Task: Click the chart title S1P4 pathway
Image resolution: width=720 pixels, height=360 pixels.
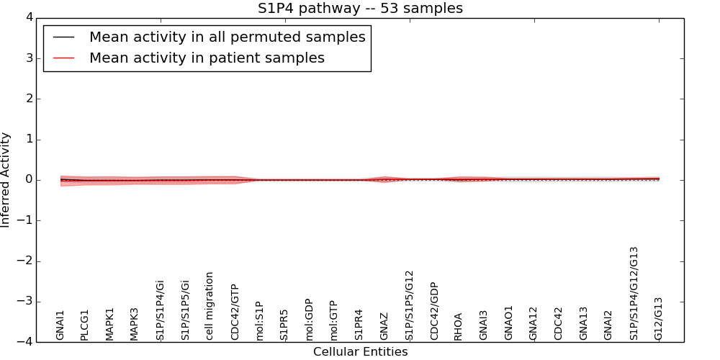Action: (360, 9)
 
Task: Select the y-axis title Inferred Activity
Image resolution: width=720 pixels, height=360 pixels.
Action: (6, 180)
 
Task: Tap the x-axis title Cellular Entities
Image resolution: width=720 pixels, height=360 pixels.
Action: (360, 352)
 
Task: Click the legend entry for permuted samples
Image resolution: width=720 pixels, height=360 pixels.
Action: (227, 37)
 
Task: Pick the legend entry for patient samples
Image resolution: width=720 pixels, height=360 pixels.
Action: (207, 58)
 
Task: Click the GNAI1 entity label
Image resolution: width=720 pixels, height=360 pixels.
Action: (60, 325)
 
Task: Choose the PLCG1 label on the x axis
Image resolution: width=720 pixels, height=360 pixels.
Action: (85, 325)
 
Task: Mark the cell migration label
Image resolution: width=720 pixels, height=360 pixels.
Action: (210, 306)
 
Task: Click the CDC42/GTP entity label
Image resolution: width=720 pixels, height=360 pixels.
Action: (235, 312)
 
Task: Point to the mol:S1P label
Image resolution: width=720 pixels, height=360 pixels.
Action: (260, 321)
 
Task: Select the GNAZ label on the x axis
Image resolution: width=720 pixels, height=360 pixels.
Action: (384, 325)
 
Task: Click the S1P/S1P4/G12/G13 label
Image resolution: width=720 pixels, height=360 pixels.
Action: (634, 293)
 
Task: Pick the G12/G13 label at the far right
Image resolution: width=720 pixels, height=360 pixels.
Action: (658, 318)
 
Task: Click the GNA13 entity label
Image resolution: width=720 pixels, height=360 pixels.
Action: (584, 323)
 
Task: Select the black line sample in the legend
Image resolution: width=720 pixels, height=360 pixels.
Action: (64, 37)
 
